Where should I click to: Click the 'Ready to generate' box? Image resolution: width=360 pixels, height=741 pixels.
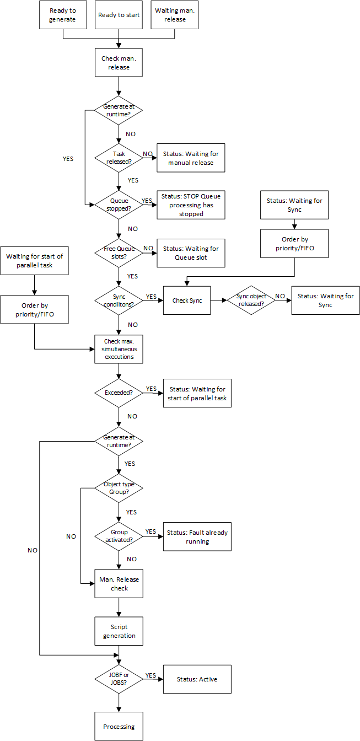[x=62, y=15]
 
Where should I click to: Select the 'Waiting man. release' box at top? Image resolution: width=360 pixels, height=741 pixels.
[x=174, y=15]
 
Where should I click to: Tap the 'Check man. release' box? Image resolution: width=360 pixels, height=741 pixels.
[x=119, y=63]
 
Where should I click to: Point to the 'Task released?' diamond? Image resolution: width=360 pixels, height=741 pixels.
[x=119, y=158]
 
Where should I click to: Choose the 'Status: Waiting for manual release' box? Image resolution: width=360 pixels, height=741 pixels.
[x=191, y=158]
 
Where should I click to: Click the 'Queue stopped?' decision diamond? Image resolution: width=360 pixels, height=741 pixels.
[x=119, y=205]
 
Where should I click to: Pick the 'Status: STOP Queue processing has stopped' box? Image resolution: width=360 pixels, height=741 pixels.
[x=191, y=205]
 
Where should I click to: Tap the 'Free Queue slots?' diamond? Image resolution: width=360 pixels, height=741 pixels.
[x=119, y=253]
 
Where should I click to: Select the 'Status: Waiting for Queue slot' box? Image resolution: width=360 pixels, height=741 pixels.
[x=191, y=253]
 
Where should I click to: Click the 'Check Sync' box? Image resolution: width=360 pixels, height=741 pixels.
[x=187, y=300]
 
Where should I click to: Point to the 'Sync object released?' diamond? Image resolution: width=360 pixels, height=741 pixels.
[x=251, y=300]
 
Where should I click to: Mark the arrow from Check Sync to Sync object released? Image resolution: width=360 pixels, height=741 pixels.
[x=219, y=300]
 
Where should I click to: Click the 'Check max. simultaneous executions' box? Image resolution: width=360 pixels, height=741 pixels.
[x=119, y=349]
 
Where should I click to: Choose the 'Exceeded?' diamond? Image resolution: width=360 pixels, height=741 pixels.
[x=119, y=393]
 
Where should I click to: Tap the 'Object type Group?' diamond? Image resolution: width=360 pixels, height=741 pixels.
[x=119, y=488]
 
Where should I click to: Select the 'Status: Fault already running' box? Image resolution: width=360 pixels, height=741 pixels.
[x=197, y=536]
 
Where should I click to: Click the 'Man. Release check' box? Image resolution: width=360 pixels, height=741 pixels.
[x=119, y=584]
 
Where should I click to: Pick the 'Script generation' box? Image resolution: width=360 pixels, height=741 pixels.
[x=119, y=631]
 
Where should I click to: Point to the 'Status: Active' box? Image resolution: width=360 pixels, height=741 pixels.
[x=197, y=679]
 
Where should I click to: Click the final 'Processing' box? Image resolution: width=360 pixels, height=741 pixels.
[x=119, y=727]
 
